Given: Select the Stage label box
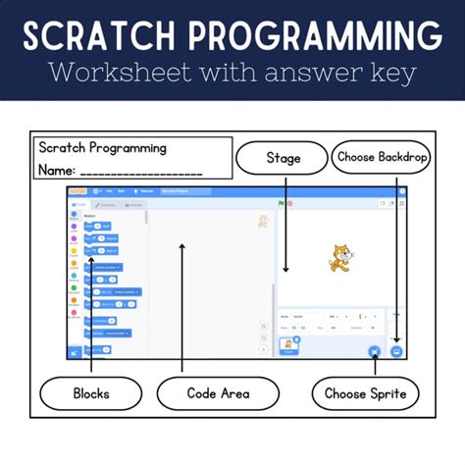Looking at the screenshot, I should [x=283, y=157].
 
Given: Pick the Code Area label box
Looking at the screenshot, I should [x=218, y=393].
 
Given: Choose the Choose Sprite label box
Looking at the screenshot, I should [x=366, y=393].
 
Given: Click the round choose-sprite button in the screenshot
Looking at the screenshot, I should [x=373, y=350].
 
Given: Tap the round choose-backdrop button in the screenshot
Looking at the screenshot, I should [x=396, y=350].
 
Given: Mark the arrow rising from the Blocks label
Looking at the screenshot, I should [x=91, y=314].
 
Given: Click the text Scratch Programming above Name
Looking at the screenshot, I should [x=102, y=148].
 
